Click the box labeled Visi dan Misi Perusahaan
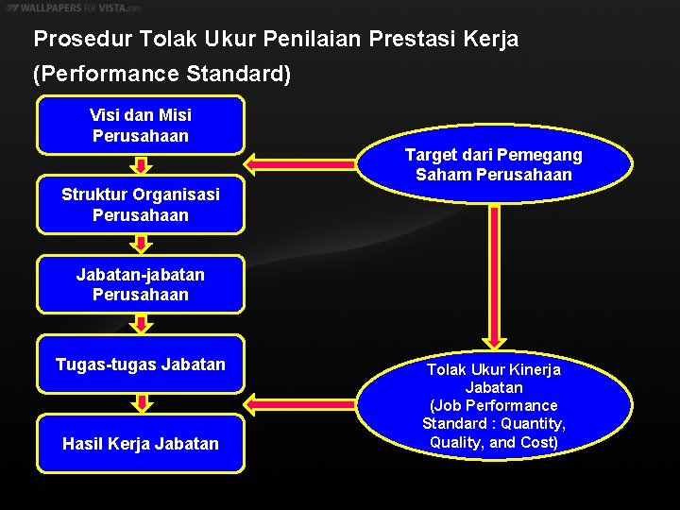click(140, 125)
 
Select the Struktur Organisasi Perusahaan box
click(140, 204)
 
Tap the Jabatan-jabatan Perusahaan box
click(140, 283)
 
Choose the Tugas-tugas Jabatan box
click(140, 364)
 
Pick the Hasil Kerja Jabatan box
click(140, 443)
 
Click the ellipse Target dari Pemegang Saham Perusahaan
click(493, 164)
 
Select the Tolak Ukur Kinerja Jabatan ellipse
click(493, 406)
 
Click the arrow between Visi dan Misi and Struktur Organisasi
click(141, 165)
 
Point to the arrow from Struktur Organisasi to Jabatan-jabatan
click(141, 245)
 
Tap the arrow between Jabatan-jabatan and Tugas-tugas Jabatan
click(141, 324)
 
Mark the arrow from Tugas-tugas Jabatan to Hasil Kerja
click(141, 403)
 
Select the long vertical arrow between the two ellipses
click(494, 274)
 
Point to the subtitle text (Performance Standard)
click(161, 74)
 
